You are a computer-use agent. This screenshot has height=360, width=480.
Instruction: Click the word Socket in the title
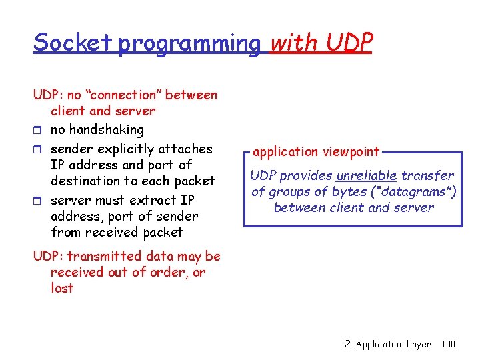pyautogui.click(x=73, y=43)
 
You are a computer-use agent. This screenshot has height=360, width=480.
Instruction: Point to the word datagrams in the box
pyautogui.click(x=417, y=192)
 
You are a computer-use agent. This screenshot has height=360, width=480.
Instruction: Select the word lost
pyautogui.click(x=62, y=288)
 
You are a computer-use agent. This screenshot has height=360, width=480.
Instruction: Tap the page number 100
pyautogui.click(x=448, y=344)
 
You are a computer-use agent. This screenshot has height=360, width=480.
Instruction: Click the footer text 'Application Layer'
pyautogui.click(x=393, y=344)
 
